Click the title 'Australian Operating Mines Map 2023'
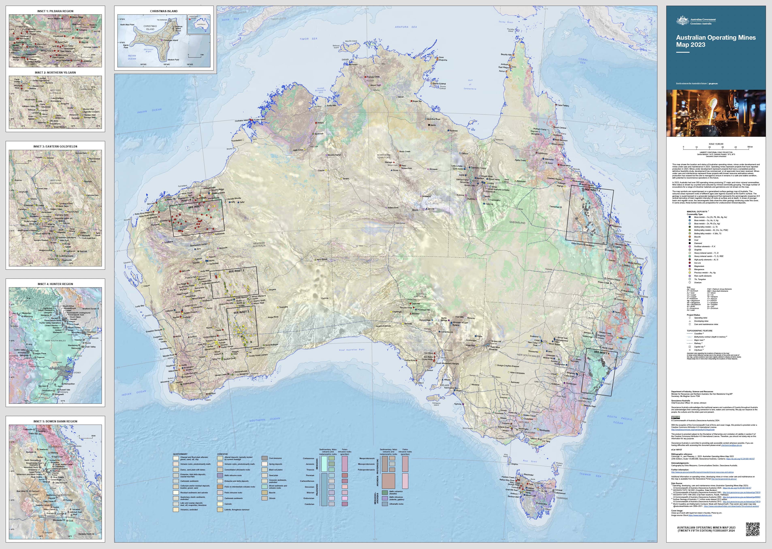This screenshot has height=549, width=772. coord(715,41)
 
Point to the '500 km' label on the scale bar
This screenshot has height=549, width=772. coord(750,147)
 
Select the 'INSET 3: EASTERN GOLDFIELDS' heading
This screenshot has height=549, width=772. coord(55,146)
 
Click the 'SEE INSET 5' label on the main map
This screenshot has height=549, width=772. coord(592,190)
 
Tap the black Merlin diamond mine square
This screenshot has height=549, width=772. coord(429,125)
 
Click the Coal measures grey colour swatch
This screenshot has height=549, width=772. coord(265,458)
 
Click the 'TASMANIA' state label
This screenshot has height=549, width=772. coord(562,498)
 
